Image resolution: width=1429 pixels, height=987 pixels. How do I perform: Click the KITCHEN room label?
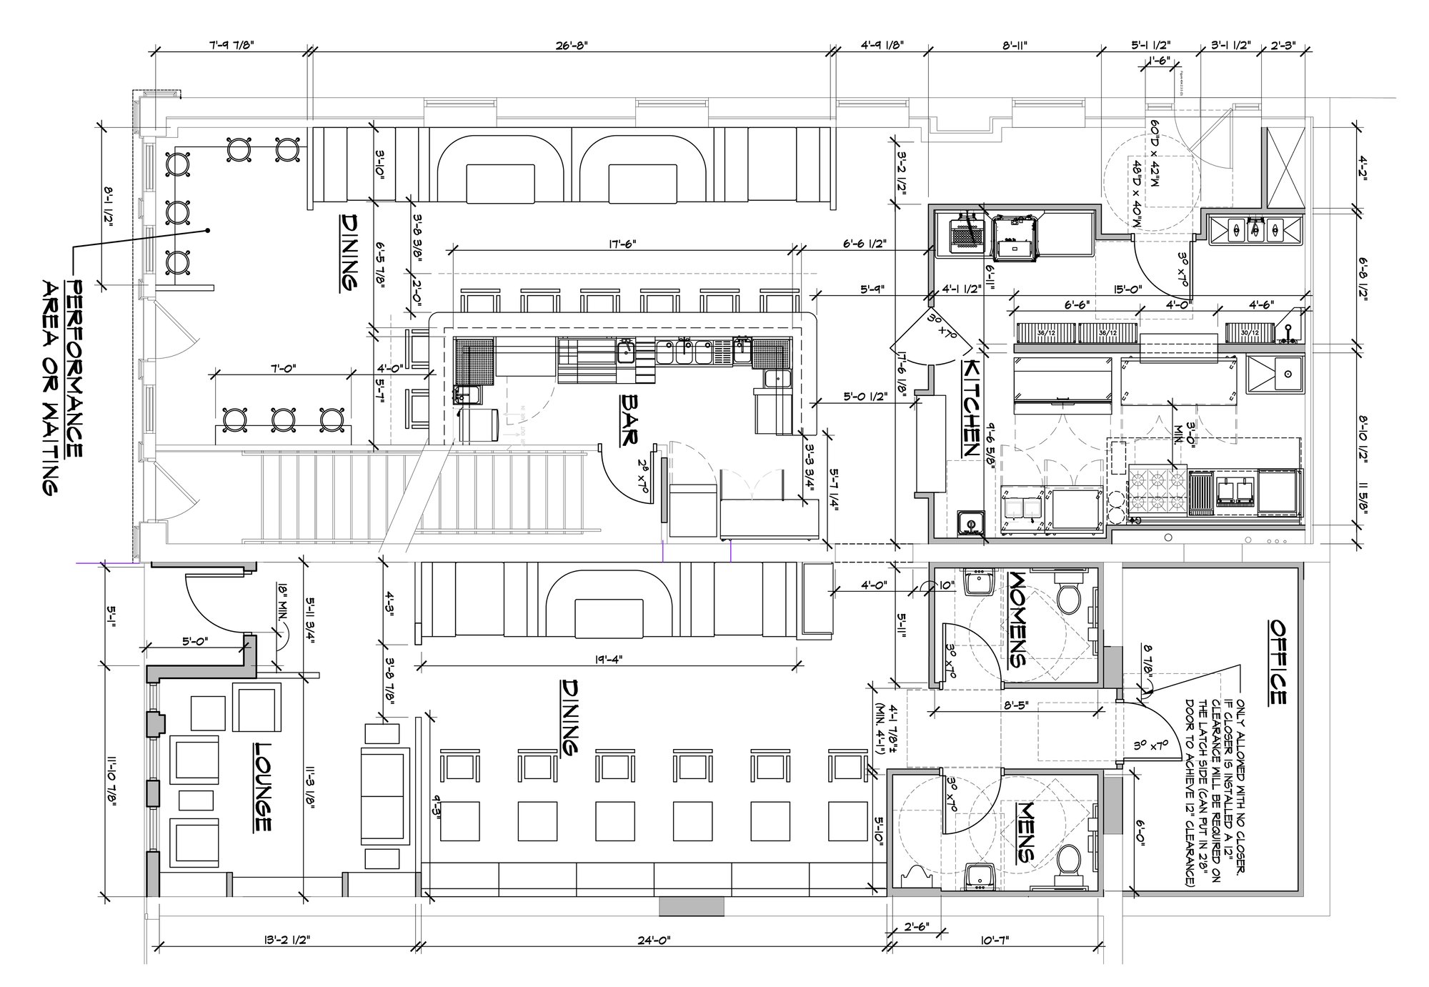(970, 408)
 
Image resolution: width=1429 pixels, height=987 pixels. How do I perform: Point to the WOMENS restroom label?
(1017, 618)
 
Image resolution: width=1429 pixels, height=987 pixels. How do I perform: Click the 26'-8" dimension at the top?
(572, 45)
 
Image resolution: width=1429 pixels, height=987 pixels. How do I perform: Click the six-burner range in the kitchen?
(1157, 492)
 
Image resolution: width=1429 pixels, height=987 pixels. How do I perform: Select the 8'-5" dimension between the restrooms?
(1022, 705)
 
